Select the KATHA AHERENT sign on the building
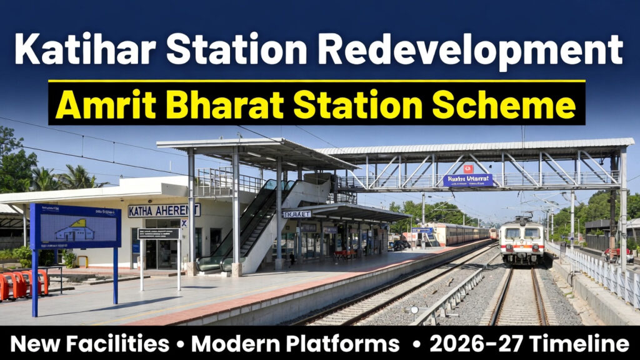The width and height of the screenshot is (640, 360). (164, 210)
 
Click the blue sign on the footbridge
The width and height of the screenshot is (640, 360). (468, 180)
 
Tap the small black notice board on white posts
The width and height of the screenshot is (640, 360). (159, 233)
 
